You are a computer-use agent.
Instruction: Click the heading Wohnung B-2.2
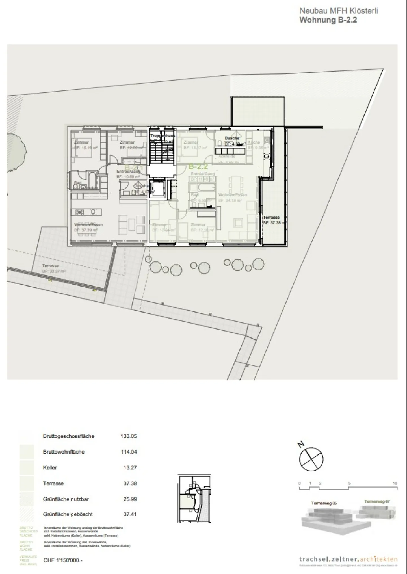pyautogui.click(x=328, y=20)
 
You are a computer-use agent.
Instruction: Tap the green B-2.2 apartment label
pyautogui.click(x=198, y=166)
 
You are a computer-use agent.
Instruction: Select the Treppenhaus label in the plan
pyautogui.click(x=163, y=136)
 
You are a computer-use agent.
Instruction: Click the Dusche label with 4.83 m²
pyautogui.click(x=232, y=138)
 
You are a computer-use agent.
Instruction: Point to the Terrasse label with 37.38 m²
pyautogui.click(x=271, y=217)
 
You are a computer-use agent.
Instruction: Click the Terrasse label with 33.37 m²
pyautogui.click(x=50, y=266)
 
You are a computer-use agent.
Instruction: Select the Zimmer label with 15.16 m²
pyautogui.click(x=81, y=142)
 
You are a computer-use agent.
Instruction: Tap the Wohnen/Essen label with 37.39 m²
pyautogui.click(x=88, y=225)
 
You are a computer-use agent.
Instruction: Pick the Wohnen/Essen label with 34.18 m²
pyautogui.click(x=232, y=195)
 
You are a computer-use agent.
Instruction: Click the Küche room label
pyautogui.click(x=254, y=142)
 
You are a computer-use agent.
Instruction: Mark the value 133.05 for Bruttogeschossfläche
pyautogui.click(x=129, y=436)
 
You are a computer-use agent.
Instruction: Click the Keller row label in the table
pyautogui.click(x=50, y=467)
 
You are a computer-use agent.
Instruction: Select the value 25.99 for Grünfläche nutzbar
pyautogui.click(x=130, y=499)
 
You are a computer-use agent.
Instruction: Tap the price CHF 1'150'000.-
pyautogui.click(x=63, y=560)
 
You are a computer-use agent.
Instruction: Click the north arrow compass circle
pyautogui.click(x=311, y=459)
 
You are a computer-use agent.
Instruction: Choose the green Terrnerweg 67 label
pyautogui.click(x=377, y=501)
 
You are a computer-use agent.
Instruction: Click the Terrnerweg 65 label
pyautogui.click(x=324, y=503)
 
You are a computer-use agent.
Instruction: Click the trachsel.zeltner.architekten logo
pyautogui.click(x=348, y=559)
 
